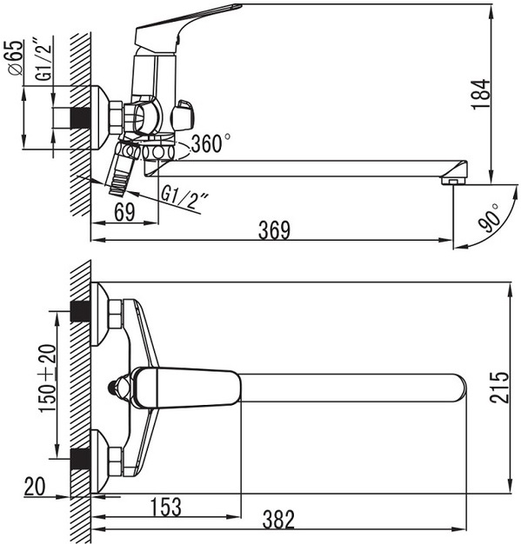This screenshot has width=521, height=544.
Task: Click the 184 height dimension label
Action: click(481, 95)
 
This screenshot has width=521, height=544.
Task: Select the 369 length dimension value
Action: click(274, 229)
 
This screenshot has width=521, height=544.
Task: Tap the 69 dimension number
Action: click(124, 212)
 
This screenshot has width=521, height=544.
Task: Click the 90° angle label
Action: click(489, 218)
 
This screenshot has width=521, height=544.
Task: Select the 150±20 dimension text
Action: click(47, 378)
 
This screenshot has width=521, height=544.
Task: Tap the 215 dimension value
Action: click(499, 388)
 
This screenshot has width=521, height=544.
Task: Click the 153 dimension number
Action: click(166, 507)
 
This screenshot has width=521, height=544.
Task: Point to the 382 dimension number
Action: click(278, 520)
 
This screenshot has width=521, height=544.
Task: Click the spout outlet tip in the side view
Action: click(454, 181)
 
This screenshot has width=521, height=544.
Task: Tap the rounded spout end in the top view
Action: click(460, 388)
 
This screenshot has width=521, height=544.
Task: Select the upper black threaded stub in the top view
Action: click(80, 311)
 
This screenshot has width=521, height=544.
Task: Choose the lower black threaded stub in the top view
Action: click(80, 459)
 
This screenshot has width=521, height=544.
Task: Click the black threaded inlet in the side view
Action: click(81, 118)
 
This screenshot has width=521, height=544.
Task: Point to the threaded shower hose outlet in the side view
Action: click(122, 177)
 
